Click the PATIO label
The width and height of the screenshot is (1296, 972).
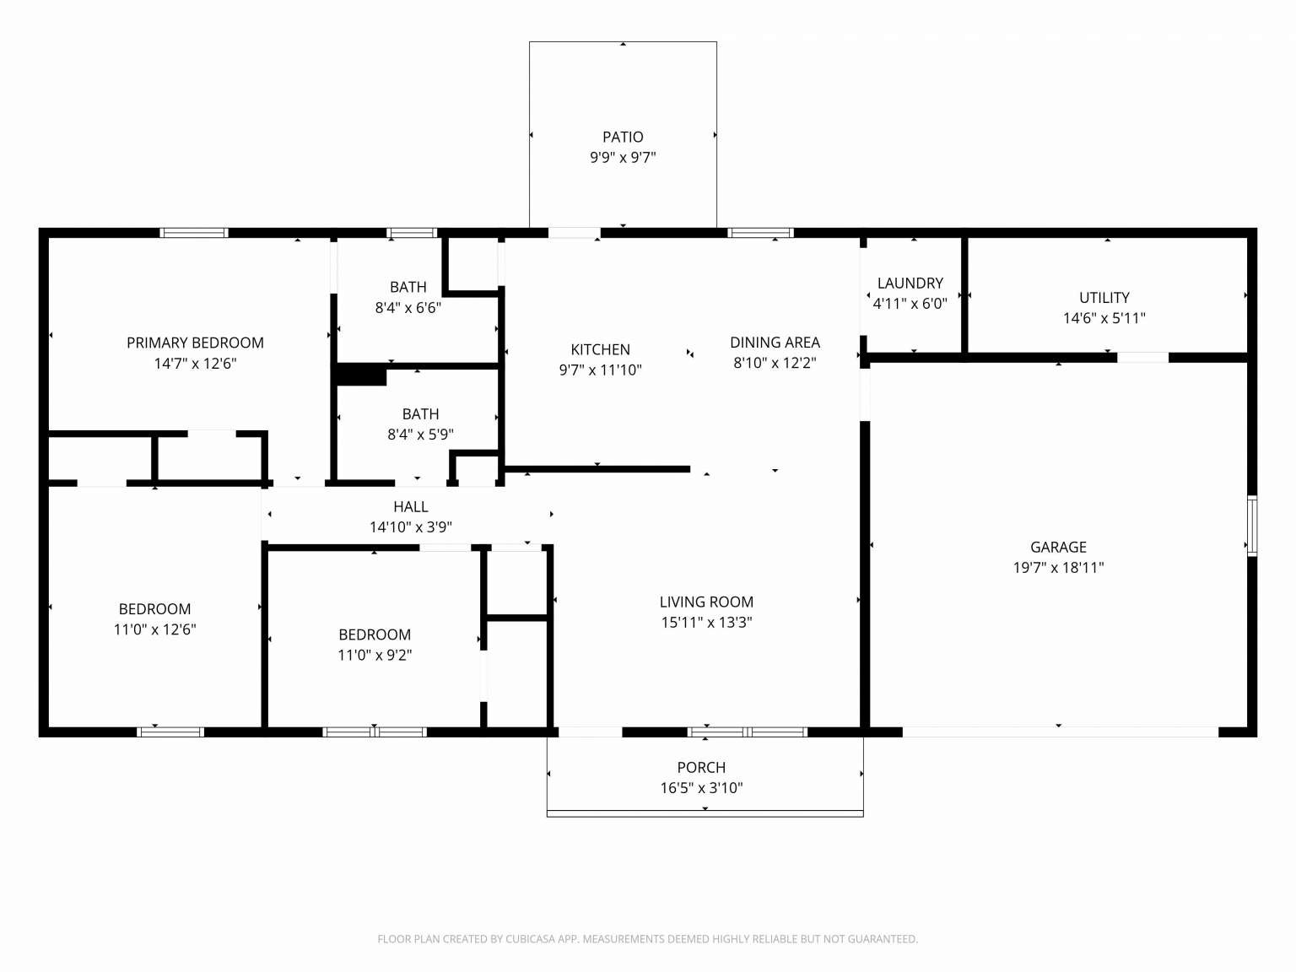click(623, 137)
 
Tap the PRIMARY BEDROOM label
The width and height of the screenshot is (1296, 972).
click(195, 343)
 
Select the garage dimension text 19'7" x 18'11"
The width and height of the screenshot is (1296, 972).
click(1058, 568)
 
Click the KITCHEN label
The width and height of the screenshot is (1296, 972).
click(600, 349)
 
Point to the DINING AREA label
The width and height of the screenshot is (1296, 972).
click(775, 343)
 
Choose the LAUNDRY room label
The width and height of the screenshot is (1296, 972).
click(910, 283)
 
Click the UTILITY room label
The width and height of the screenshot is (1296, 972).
click(1104, 298)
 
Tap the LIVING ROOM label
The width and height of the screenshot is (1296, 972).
click(706, 602)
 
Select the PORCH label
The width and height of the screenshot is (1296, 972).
click(701, 767)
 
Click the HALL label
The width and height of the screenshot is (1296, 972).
click(410, 506)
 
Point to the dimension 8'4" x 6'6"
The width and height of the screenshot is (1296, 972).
click(408, 307)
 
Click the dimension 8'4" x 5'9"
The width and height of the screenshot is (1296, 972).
click(420, 435)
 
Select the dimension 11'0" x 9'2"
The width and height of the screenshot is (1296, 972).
click(375, 655)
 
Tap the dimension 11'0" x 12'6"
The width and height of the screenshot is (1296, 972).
click(154, 629)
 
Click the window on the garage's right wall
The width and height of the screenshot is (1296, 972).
click(1252, 526)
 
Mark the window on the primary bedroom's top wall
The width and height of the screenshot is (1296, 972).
click(194, 233)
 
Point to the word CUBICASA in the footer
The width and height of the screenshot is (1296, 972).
click(530, 939)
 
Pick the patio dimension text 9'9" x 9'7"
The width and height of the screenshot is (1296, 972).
click(623, 158)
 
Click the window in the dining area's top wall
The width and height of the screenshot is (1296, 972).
click(760, 233)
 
